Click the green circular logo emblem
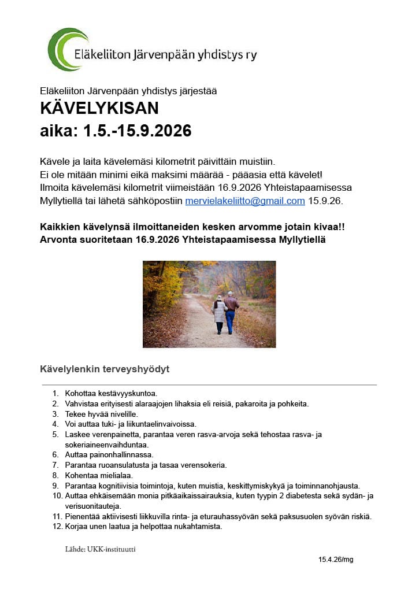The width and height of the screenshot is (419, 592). [x=67, y=50]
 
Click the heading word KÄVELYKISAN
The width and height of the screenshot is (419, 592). [x=99, y=108]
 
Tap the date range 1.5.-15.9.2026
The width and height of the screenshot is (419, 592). [x=138, y=131]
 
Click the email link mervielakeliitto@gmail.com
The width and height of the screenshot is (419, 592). [x=244, y=201]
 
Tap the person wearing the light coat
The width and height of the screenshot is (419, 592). [x=219, y=314]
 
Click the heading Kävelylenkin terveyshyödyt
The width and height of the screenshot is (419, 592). [x=104, y=369]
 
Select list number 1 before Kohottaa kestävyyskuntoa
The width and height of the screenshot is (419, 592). [x=55, y=393]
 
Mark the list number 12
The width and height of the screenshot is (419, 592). [x=56, y=527]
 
